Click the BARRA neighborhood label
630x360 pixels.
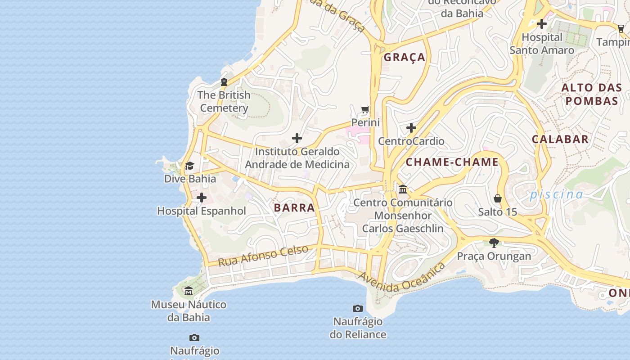(294, 207)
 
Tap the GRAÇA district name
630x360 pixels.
(404, 57)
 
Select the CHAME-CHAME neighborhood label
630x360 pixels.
(452, 162)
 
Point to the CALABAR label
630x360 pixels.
(560, 139)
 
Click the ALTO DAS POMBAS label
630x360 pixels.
(592, 94)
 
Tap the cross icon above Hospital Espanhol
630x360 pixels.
(202, 198)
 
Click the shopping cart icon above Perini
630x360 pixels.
(365, 110)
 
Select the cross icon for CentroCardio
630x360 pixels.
(411, 128)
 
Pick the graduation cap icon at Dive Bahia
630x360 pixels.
(189, 166)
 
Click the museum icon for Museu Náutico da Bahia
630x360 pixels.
(189, 292)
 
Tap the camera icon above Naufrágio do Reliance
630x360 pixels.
(358, 308)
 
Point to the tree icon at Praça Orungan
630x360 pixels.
(494, 243)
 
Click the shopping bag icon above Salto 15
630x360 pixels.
(498, 198)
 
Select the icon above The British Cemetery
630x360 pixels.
(224, 82)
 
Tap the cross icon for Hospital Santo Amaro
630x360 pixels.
(542, 24)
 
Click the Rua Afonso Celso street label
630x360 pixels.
(263, 255)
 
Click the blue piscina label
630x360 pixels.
(556, 194)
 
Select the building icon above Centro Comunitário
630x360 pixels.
(403, 189)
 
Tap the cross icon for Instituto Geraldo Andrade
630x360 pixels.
(297, 138)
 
